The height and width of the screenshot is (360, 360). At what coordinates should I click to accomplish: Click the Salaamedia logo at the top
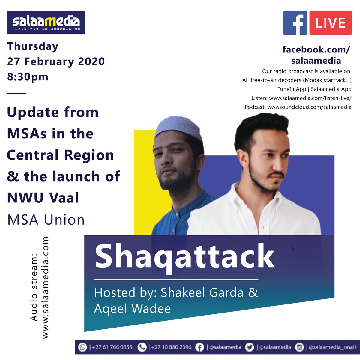[46, 22]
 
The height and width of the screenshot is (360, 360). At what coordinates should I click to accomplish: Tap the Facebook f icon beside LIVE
[295, 23]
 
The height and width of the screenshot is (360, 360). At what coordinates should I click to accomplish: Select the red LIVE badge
[330, 23]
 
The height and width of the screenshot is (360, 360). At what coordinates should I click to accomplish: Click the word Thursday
[33, 46]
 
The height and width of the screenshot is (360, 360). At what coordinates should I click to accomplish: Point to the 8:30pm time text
[28, 77]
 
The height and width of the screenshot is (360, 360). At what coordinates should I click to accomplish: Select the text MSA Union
[46, 220]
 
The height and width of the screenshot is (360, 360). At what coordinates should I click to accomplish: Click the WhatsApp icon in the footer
[82, 347]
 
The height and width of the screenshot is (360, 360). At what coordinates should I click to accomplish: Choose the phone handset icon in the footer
[142, 347]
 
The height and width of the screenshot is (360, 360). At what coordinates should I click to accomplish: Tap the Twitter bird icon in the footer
[249, 347]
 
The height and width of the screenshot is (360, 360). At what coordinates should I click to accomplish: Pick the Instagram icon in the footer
[299, 347]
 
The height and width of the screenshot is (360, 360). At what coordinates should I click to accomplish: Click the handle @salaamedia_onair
[332, 347]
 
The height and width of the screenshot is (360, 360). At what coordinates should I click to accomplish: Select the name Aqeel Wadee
[132, 308]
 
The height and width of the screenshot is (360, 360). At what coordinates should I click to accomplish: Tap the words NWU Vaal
[43, 198]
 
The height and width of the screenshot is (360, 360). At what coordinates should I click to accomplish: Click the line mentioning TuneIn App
[314, 89]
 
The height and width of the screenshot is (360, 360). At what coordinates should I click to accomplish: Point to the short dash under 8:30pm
[16, 93]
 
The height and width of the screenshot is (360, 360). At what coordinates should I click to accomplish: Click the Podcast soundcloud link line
[298, 107]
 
